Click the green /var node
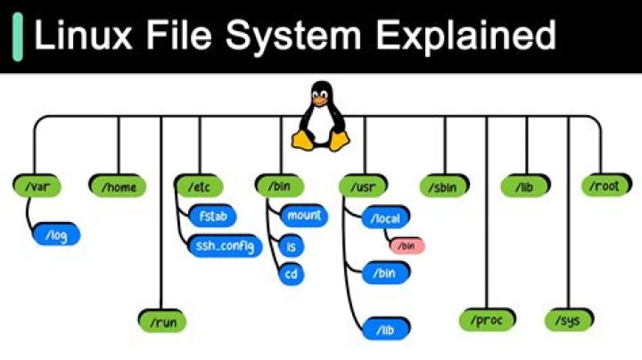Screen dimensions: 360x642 (x=35, y=186)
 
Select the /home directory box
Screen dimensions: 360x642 (x=117, y=186)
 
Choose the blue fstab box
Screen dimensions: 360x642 (x=212, y=215)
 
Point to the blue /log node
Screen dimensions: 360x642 (x=55, y=235)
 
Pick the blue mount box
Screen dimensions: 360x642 (x=303, y=215)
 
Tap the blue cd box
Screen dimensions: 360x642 (x=291, y=274)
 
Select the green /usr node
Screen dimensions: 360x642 (x=361, y=186)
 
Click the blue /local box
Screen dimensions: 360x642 (x=386, y=216)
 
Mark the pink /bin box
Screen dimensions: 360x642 (x=406, y=245)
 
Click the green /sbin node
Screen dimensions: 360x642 (x=443, y=186)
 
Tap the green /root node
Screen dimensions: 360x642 (x=604, y=186)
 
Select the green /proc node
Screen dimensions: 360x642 (x=485, y=319)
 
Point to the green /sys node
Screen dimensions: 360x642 (x=569, y=319)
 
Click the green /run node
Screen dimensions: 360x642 (x=161, y=319)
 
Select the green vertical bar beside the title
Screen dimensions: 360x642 (x=17, y=36)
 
